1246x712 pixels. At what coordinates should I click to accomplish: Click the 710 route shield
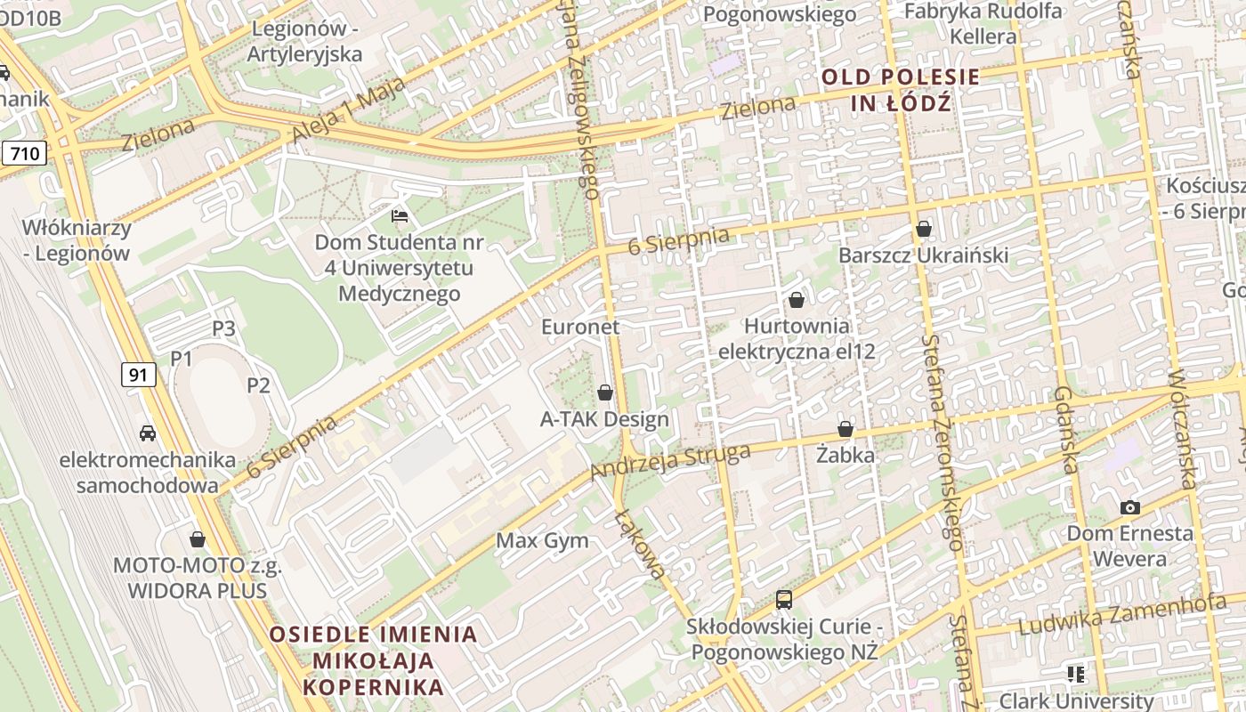coord(24,153)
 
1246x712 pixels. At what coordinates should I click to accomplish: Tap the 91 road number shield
coord(138,375)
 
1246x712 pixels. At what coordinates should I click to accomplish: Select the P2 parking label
coord(258,385)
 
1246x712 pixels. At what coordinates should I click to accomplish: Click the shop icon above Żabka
coord(845,430)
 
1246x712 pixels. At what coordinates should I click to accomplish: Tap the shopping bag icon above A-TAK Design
coord(605,392)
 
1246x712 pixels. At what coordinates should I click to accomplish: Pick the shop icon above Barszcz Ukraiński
coord(924,229)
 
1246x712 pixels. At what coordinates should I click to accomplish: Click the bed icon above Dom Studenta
coord(400,215)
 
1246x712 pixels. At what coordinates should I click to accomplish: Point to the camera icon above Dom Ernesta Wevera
coord(1130,507)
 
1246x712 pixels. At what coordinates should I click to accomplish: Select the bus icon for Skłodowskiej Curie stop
coord(784,600)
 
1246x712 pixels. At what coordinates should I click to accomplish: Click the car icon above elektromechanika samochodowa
coord(148,433)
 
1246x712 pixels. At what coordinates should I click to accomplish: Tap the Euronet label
coord(580,327)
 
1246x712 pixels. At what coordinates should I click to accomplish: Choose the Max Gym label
coord(542,540)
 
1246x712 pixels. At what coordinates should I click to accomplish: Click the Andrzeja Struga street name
coord(670,460)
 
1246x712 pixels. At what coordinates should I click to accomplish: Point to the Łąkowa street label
coord(640,544)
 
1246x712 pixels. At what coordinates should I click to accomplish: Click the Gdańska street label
coord(1065,430)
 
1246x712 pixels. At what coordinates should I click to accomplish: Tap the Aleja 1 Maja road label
coord(348,109)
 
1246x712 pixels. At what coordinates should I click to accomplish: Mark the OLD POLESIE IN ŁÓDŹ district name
coord(901,89)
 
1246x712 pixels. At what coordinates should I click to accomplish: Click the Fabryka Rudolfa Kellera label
coord(983,24)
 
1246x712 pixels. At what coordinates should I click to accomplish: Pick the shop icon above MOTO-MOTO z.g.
coord(198,539)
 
